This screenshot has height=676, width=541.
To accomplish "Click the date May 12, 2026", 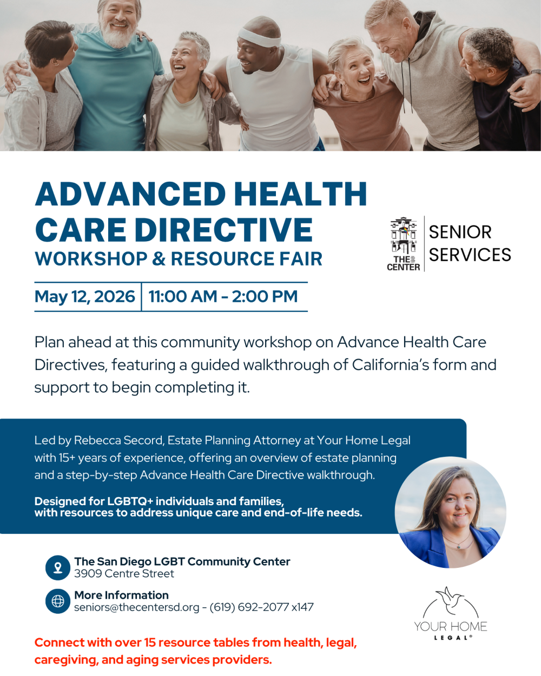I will pos(85,296).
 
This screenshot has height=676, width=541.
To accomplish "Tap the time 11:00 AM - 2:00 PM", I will pos(223,296).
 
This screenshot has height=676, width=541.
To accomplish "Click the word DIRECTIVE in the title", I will pos(223,230).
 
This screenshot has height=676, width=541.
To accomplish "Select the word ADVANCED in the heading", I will pos(130,194).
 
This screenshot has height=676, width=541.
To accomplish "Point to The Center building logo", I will pos(404,243).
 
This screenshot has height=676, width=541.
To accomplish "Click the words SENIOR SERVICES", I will pos(470,243).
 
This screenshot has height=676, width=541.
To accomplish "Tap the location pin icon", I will pos(58,568).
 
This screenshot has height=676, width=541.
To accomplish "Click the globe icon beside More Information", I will pos(58,601).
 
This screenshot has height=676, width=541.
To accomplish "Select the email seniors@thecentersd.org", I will pos(136,607).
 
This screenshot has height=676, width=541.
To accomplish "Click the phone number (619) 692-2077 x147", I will pos(261,607).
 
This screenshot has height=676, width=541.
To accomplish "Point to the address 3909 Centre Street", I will pos(124,574).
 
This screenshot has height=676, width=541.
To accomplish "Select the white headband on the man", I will pos(259,36).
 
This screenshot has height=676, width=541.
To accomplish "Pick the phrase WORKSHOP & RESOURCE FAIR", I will pos(179,259).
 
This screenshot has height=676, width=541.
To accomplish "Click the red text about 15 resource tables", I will pos(195,651).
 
